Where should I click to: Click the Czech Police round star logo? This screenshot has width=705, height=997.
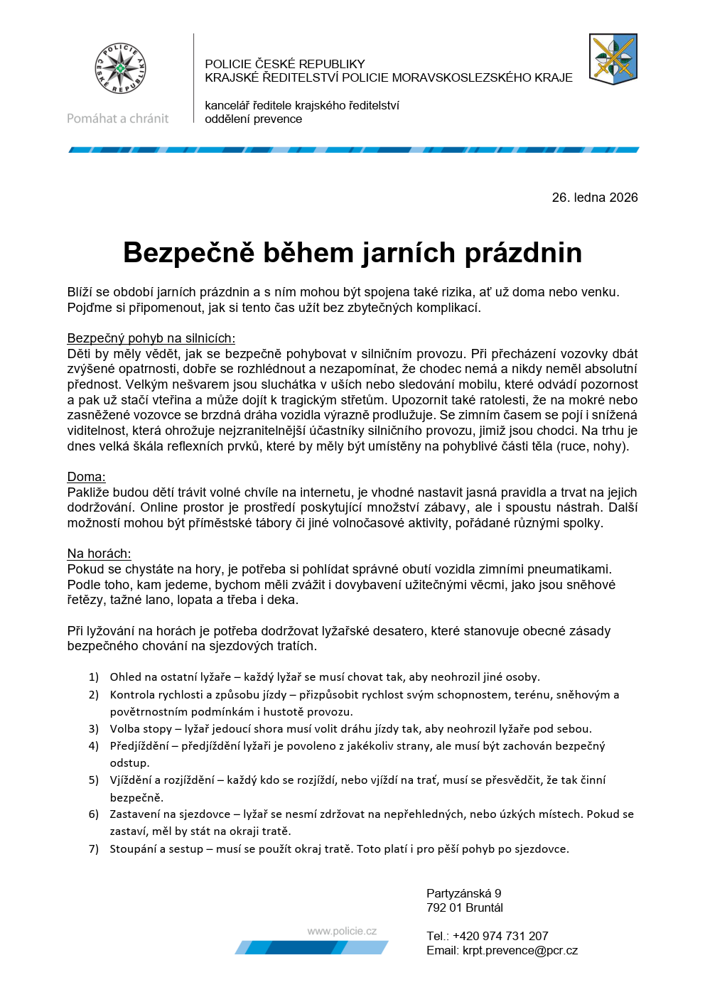[x=120, y=69]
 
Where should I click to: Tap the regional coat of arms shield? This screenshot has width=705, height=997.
[x=613, y=59]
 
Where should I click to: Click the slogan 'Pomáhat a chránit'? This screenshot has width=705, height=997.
[x=118, y=119]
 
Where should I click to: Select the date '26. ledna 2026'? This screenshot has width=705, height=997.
[x=594, y=198]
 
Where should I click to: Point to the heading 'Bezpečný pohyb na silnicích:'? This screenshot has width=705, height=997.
[x=151, y=338]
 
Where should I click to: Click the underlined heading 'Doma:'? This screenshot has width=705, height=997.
[x=86, y=477]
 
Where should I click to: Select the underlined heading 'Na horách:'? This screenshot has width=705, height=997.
[x=99, y=554]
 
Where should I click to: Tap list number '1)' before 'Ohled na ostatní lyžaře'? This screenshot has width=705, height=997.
[x=94, y=677]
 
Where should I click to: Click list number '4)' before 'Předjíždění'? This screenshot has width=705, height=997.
[x=94, y=746]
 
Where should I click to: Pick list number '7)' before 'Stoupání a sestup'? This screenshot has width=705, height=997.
[x=94, y=849]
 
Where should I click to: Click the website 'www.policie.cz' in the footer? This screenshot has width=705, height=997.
[x=342, y=931]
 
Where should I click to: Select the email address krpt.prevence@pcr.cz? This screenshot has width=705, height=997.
[x=520, y=951]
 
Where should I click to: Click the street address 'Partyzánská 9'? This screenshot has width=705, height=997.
[x=463, y=894]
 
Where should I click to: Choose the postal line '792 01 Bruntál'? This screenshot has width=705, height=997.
[x=464, y=908]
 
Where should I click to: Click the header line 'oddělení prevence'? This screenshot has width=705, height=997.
[x=253, y=119]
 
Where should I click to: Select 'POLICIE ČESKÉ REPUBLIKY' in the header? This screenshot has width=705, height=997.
[x=284, y=64]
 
